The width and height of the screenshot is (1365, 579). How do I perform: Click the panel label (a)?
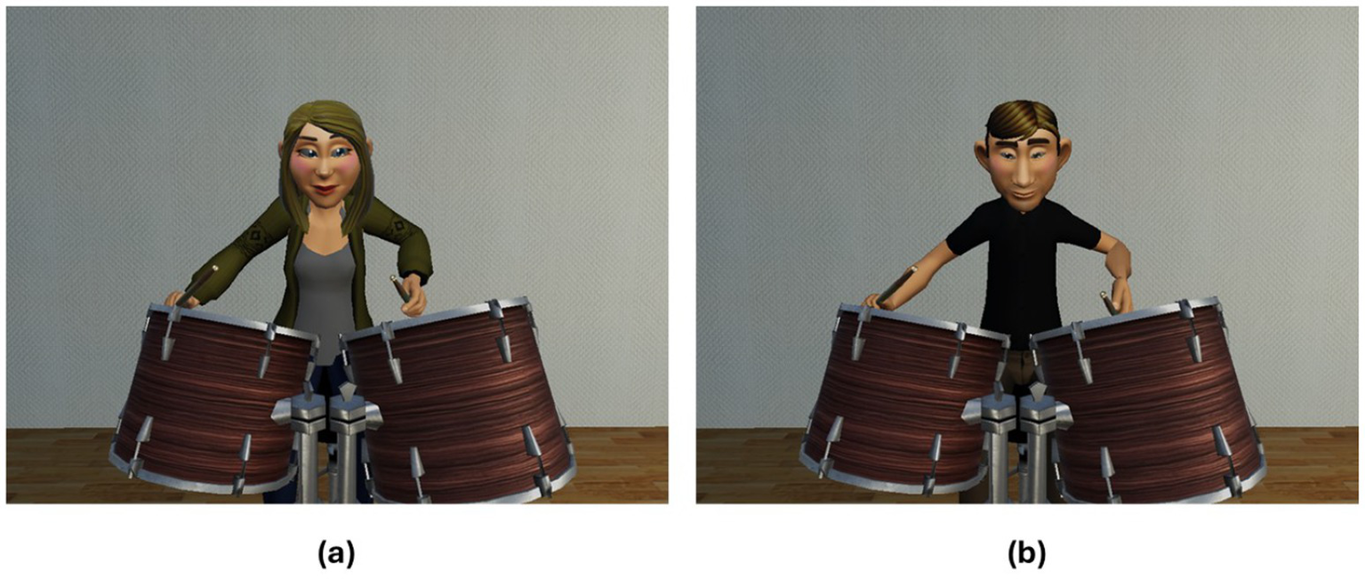click(x=336, y=554)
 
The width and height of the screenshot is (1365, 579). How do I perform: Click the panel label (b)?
click(x=1026, y=554)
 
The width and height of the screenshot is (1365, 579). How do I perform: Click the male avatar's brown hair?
click(x=1024, y=122)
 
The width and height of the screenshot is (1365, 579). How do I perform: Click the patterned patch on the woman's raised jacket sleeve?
click(x=255, y=234)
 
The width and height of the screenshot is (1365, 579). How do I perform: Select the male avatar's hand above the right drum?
click(x=1120, y=295)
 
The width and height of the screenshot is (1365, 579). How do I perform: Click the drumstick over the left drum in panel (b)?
click(x=895, y=285)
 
